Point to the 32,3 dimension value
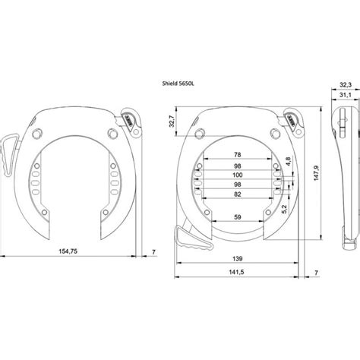344,86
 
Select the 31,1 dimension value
344,95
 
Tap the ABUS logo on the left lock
126,118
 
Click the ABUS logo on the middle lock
292,118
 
